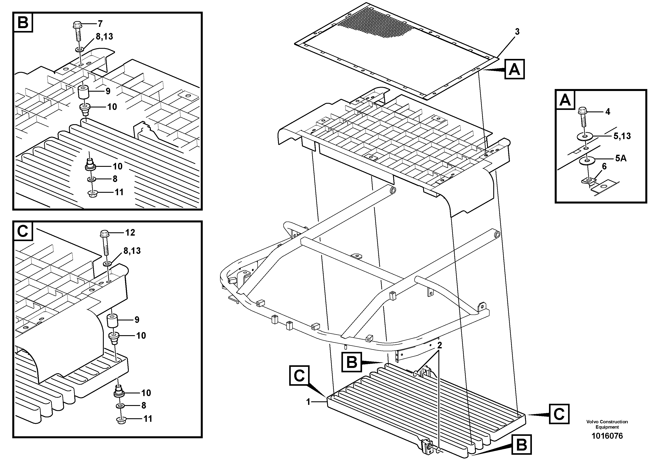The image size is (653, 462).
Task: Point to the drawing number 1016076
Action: [607, 436]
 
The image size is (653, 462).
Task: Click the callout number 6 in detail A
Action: [604, 167]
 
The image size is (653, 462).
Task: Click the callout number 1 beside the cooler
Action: [308, 402]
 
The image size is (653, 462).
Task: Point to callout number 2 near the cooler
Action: [440, 346]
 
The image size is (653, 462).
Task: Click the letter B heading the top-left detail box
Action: [23, 22]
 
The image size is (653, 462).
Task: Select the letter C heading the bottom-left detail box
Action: [23, 231]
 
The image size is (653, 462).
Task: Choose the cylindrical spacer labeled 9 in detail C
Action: [112, 321]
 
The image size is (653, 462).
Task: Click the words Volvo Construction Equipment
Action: [607, 424]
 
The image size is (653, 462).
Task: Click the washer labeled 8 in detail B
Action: [91, 179]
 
